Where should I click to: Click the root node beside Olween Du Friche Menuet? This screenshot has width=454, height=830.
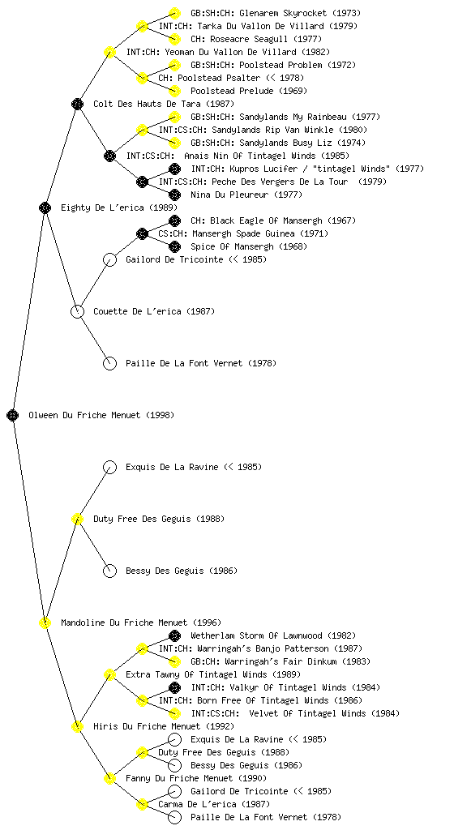(x=13, y=415)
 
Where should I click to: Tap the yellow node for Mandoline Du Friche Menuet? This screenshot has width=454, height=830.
(x=45, y=622)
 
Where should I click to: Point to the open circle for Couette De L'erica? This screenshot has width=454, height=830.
(x=77, y=311)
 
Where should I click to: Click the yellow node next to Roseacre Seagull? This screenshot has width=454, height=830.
(x=174, y=39)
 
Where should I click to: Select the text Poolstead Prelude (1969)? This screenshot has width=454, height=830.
(x=249, y=91)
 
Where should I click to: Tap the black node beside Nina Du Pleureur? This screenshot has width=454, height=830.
(x=174, y=195)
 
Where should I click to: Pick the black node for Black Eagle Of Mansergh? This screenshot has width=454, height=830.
(x=174, y=220)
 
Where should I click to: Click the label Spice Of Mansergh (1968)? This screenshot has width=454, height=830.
(x=249, y=246)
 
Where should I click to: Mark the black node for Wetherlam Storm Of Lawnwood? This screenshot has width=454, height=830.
(x=174, y=635)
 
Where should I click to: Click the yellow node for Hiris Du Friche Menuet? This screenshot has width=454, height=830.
(x=77, y=726)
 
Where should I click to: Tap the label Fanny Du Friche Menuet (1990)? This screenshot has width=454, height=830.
(x=195, y=778)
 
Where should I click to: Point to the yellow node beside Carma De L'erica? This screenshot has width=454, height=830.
(x=142, y=804)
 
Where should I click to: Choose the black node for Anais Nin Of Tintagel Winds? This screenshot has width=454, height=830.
(x=109, y=156)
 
